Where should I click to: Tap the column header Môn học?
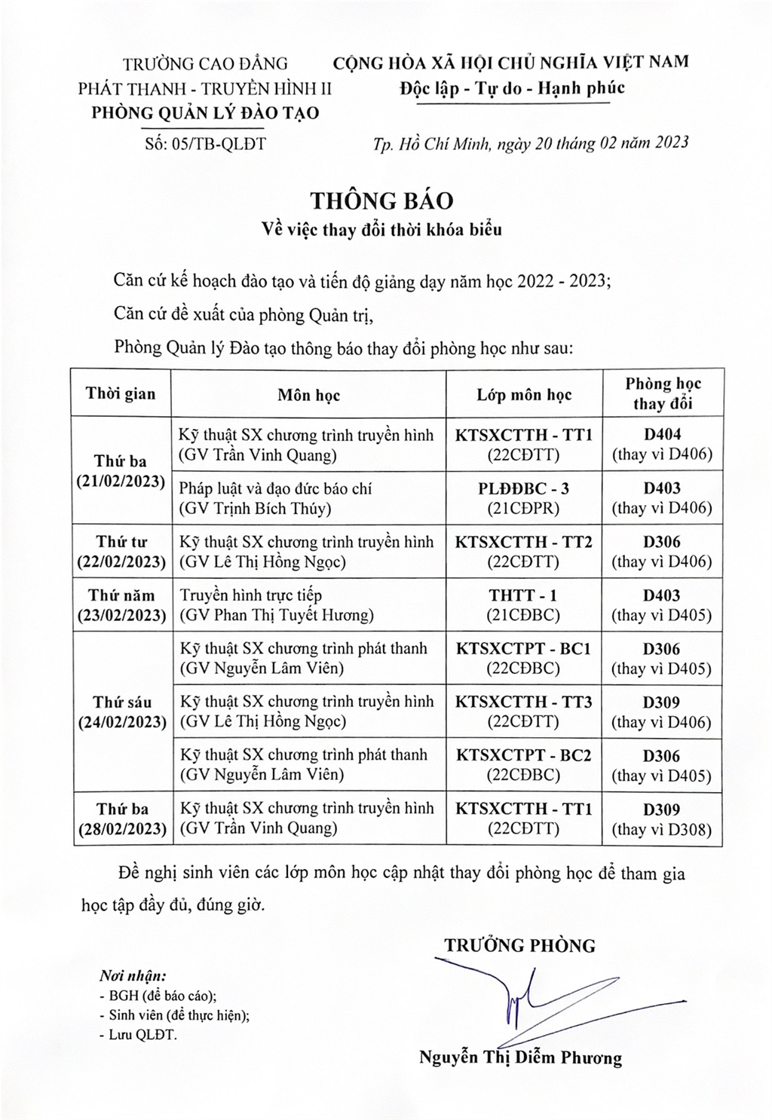(308, 395)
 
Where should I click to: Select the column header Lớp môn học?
(524, 395)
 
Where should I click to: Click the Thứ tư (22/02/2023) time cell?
(121, 552)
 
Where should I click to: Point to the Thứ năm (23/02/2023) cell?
(121, 605)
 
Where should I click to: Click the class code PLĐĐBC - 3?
(524, 488)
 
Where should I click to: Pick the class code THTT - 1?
(524, 595)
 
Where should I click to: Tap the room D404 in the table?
(662, 435)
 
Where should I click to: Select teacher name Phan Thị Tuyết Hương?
(276, 616)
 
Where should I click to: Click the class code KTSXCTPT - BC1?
(524, 649)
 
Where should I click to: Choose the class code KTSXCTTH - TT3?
(524, 702)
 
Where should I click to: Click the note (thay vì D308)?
(662, 830)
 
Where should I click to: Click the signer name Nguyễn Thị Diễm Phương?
(520, 1057)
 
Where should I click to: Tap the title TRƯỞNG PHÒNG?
(519, 945)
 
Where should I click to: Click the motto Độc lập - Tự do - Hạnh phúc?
(512, 88)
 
